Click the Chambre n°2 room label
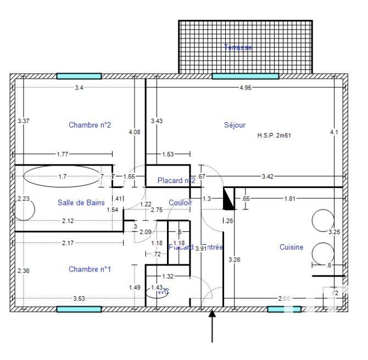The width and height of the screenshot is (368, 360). pyautogui.click(x=90, y=125)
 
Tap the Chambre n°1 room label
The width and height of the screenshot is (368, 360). pyautogui.click(x=90, y=269)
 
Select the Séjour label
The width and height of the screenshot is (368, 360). pyautogui.click(x=235, y=125)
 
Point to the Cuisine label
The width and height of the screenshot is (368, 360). pyautogui.click(x=291, y=247)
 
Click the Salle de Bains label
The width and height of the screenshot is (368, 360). pyautogui.click(x=81, y=202)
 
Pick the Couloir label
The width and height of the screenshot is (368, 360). pyautogui.click(x=181, y=202)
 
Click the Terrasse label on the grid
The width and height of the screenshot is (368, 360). pyautogui.click(x=238, y=48)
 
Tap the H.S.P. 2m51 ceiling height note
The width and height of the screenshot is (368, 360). pyautogui.click(x=274, y=135)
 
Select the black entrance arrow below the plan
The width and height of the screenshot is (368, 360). pyautogui.click(x=213, y=326)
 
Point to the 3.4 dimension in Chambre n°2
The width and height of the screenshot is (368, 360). pyautogui.click(x=79, y=88)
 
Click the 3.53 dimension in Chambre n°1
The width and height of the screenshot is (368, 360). pyautogui.click(x=79, y=298)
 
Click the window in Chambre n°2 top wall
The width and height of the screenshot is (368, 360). pyautogui.click(x=79, y=76)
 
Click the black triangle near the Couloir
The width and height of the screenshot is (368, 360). pyautogui.click(x=229, y=199)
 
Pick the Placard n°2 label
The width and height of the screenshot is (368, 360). pyautogui.click(x=176, y=180)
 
